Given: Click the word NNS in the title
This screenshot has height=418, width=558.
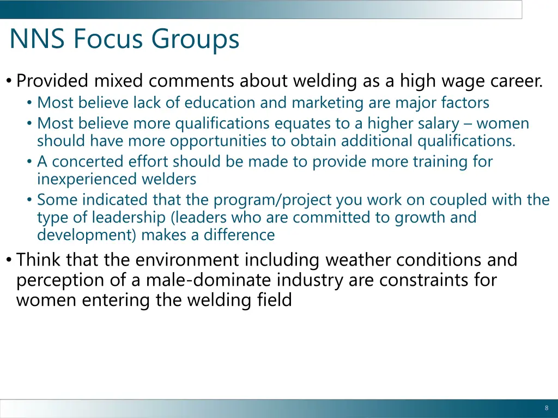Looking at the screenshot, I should coord(37,39).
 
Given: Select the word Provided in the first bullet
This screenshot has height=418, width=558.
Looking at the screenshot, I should coord(52,81).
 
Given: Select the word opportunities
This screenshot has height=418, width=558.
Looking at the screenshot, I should coord(228,140).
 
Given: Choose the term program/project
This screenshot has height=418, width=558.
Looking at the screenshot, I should coord(273,200).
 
